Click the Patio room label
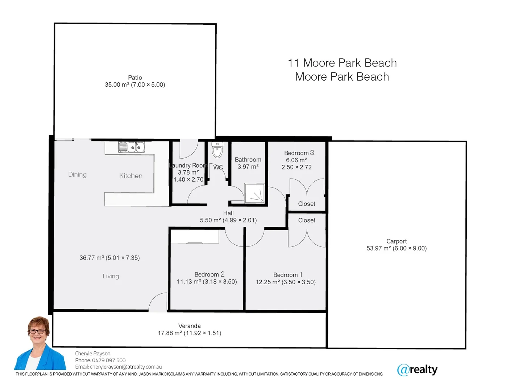135,77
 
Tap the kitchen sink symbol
132,147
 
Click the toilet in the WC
217,150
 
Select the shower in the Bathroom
254,193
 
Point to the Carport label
396,241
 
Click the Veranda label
189,326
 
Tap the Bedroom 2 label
209,274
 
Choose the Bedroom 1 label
287,275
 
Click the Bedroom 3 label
299,153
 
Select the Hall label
228,213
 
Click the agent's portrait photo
40,343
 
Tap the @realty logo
417,369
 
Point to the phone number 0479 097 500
109,360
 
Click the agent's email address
126,367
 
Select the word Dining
77,175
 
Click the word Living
111,276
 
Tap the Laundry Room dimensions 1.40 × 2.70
188,179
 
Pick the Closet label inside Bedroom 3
306,204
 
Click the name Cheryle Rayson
93,354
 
